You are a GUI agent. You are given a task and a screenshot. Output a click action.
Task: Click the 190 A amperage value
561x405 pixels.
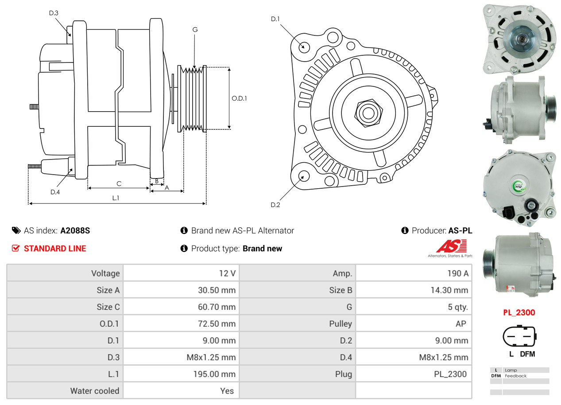tap(457, 273)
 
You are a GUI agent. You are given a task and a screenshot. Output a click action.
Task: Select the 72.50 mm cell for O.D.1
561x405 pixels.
tap(217, 324)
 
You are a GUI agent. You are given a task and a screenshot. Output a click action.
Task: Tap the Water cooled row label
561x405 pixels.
tap(95, 391)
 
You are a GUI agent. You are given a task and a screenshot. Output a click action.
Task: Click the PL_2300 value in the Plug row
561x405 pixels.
tap(450, 374)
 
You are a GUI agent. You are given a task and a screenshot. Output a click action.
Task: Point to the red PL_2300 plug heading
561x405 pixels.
tap(519, 312)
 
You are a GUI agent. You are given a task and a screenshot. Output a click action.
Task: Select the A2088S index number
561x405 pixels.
tap(75, 230)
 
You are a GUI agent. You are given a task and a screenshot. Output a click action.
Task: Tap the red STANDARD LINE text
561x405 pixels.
tap(55, 249)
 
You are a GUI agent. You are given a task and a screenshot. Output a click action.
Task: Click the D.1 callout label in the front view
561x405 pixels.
tap(275, 19)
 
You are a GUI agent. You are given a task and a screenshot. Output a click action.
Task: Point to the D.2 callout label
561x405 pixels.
tap(275, 205)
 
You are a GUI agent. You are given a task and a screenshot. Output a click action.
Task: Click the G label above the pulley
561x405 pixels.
tap(195, 30)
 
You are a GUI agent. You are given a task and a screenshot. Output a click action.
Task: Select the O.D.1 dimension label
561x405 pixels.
tap(240, 98)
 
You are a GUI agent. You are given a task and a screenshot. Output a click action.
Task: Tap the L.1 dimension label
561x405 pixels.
tap(116, 198)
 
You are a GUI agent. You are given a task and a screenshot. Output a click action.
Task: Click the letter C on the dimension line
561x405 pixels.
tap(119, 183)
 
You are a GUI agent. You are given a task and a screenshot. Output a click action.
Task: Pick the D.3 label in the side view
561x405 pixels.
tap(54, 13)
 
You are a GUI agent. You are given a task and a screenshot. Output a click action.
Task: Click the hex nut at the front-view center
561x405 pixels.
tap(367, 112)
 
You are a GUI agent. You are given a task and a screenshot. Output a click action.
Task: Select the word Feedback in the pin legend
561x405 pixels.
tap(516, 376)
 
